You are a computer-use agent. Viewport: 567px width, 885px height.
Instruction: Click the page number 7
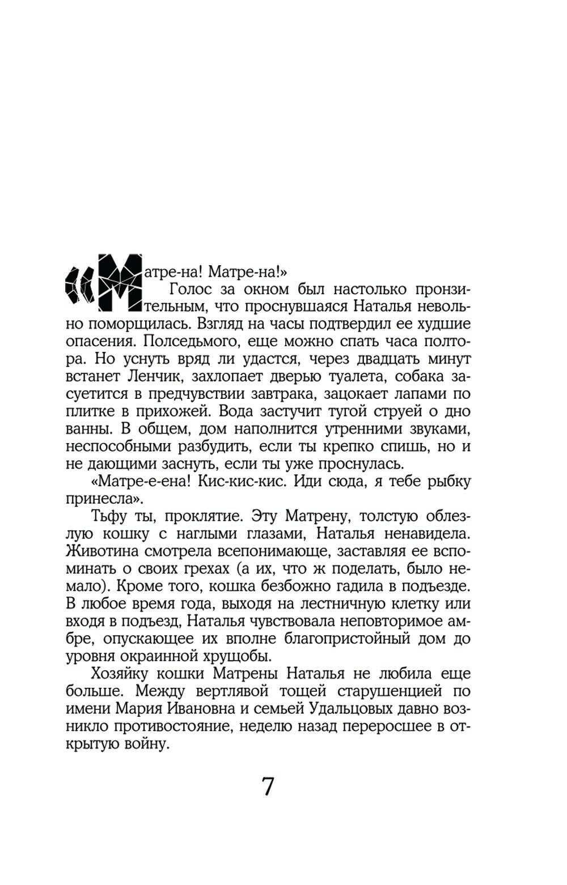pyautogui.click(x=268, y=787)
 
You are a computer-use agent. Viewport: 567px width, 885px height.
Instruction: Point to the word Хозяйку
pyautogui.click(x=121, y=675)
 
